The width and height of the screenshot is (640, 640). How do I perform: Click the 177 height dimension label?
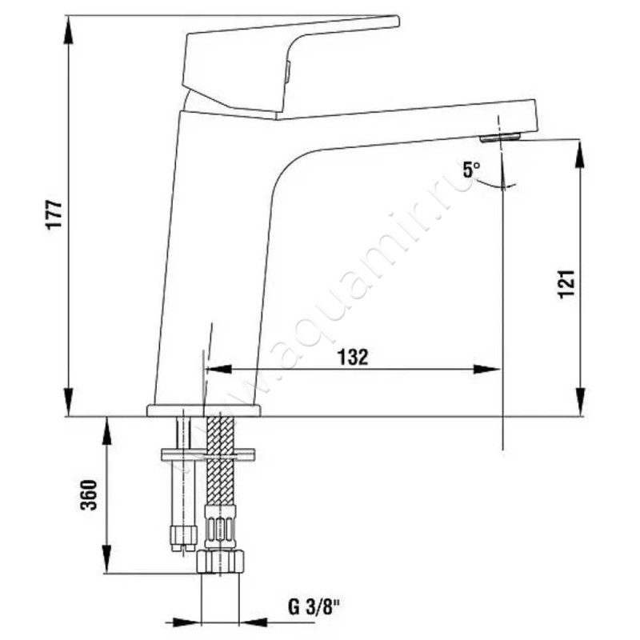(54, 215)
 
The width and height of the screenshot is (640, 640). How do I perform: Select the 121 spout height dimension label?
(566, 284)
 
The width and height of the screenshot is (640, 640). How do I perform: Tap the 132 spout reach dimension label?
(353, 357)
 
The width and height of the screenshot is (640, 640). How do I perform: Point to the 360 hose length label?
(89, 494)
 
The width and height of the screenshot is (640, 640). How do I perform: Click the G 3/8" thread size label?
(314, 607)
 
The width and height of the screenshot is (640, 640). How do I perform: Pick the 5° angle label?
(471, 170)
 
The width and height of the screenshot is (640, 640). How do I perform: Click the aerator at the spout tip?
(501, 137)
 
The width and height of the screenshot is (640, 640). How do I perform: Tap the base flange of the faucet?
(203, 410)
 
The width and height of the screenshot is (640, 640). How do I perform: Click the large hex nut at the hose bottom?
(220, 562)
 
